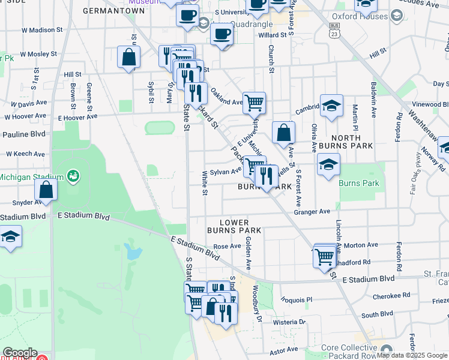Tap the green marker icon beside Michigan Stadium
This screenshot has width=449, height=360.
coord(73,176)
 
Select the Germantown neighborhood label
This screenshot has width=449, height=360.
coord(114,11)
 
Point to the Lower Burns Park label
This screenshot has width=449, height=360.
coord(234,226)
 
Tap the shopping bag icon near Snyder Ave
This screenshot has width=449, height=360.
coord(46,191)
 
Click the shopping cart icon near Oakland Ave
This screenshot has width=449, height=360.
coord(255,103)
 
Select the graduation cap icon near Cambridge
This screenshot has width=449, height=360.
coord(331,106)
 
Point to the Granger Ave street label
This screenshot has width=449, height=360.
coord(312,212)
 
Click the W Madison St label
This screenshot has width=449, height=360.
coord(41,30)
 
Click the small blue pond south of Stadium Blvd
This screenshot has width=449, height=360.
coord(131,251)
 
